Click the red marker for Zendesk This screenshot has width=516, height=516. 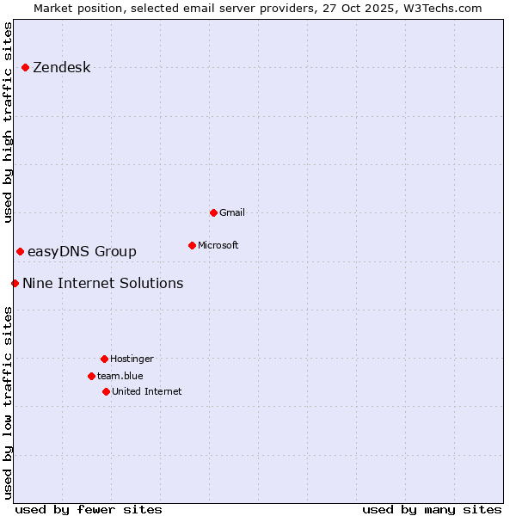coord(25,67)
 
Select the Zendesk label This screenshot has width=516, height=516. coord(61,68)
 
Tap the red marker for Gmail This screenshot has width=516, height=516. coord(213,212)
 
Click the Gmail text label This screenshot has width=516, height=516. coord(232,212)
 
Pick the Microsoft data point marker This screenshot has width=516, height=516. coord(192,245)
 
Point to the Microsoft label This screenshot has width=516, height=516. coord(218,245)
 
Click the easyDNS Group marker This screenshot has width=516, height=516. coord(20,251)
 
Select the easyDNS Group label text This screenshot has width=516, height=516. coord(82,251)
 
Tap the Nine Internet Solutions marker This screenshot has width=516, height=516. coord(15,283)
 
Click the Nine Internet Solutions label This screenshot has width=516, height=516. coord(102,283)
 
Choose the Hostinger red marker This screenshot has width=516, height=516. coord(104,359)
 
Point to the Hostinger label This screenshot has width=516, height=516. coord(132,359)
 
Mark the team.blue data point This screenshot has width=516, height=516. coord(91,376)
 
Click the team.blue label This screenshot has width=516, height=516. coord(120,376)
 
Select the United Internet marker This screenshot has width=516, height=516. coord(106,391)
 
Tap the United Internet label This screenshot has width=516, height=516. coord(147,391)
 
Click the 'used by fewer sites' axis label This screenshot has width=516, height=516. coord(89,509)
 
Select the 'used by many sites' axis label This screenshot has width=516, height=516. coord(432,509)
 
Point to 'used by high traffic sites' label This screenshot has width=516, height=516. coord(8,122)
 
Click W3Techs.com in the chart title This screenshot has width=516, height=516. coord(440,8)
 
